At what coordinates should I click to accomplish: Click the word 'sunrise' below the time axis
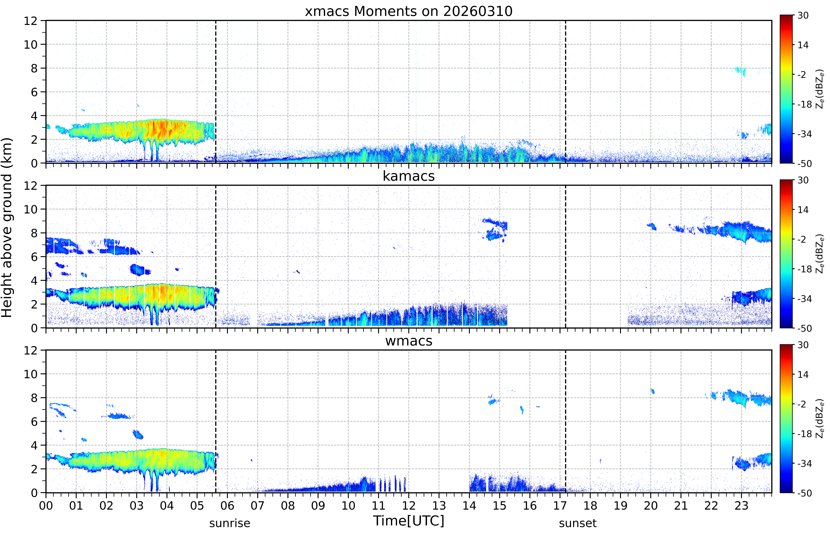[x=230, y=523]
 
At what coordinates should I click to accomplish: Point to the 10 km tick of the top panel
[x=31, y=44]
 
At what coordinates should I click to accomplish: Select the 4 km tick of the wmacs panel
[x=34, y=445]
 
